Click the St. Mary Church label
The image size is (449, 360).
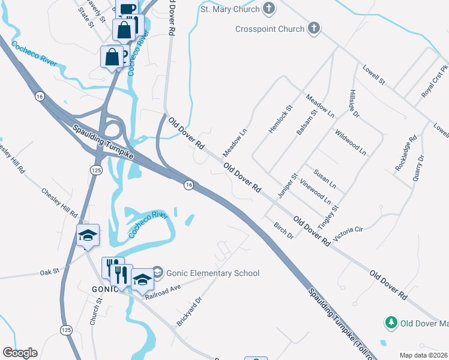230,10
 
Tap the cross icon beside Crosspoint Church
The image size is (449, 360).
313,28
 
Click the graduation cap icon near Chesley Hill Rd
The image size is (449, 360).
88,235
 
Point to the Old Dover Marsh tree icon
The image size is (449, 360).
391,323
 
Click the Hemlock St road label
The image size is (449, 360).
280,119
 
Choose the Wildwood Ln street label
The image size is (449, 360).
351,142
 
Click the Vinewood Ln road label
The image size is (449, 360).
315,190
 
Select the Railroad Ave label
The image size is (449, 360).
165,287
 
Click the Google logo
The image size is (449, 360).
20,353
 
